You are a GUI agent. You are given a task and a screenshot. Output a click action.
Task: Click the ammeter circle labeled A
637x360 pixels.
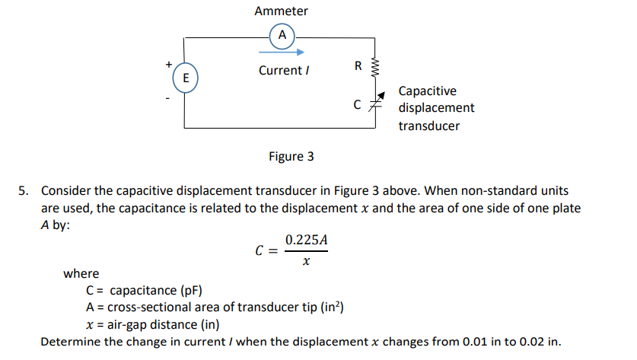tap(282, 36)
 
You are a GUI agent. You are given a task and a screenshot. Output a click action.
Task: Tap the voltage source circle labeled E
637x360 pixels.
tap(185, 77)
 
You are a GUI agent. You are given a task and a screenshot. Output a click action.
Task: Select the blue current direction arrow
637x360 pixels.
tap(281, 53)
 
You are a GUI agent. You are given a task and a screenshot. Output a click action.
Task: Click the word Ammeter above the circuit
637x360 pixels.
tap(282, 11)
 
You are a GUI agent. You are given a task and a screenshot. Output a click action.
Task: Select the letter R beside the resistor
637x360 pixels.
tap(358, 65)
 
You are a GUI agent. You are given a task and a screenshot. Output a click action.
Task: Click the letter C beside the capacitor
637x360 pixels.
tap(357, 105)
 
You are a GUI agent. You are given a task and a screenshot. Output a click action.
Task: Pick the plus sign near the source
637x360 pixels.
tap(168, 64)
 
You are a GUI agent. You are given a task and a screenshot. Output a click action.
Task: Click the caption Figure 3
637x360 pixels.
tap(291, 157)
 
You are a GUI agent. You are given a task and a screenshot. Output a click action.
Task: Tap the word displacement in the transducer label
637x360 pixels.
tap(436, 108)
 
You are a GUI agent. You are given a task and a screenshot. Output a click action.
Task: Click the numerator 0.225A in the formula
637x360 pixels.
tap(306, 241)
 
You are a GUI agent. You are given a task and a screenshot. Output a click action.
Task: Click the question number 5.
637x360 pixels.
tap(24, 190)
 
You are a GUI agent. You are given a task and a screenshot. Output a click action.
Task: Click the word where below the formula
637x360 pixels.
tap(81, 274)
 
